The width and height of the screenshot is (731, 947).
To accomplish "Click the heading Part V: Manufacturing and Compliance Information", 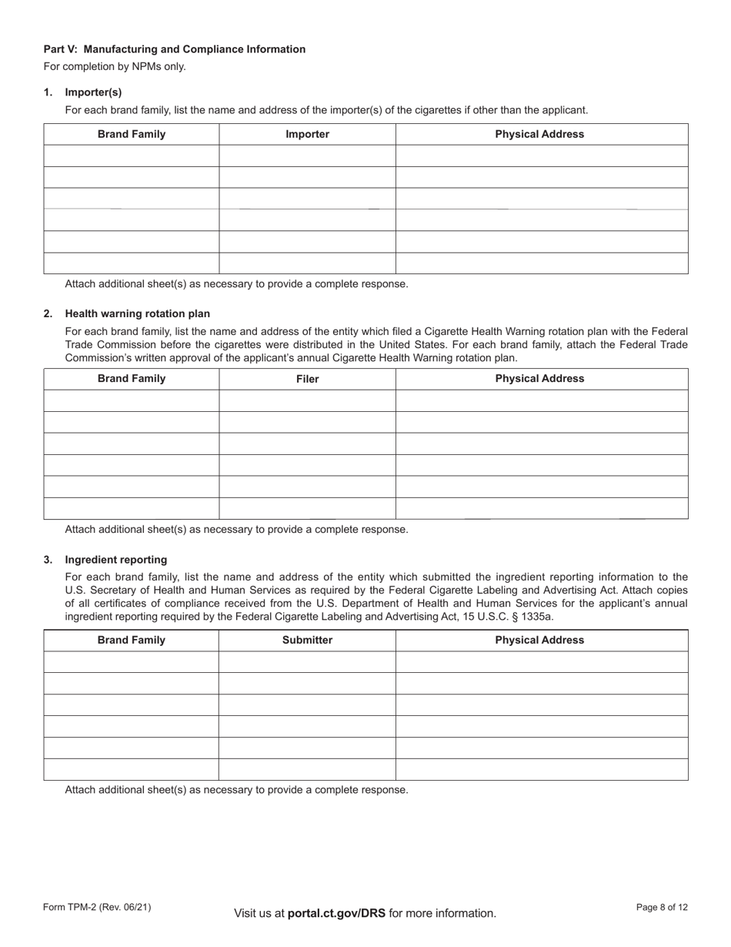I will click(x=174, y=49).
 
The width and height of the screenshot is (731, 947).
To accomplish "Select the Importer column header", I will click(x=307, y=134).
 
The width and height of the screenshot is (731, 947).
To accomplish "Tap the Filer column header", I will click(x=307, y=379).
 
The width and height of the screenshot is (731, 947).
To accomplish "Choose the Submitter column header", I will click(x=307, y=640).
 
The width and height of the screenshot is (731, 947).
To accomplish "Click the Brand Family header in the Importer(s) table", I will click(x=132, y=134).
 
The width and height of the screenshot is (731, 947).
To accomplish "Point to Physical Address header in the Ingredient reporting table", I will click(x=539, y=640).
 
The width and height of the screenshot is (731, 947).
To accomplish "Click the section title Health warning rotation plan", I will click(x=137, y=313).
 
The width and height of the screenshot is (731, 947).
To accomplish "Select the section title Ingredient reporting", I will click(x=115, y=560).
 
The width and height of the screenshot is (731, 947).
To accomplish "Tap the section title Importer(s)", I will click(x=93, y=92).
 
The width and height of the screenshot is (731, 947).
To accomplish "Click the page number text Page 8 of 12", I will click(x=662, y=908).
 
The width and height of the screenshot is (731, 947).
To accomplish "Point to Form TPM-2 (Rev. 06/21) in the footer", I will click(x=97, y=908).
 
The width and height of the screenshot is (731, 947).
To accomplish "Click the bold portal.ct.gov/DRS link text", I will click(x=336, y=914).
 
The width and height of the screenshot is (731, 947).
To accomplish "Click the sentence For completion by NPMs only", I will click(x=115, y=66).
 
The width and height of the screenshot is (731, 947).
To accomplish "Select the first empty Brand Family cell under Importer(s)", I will click(x=132, y=156).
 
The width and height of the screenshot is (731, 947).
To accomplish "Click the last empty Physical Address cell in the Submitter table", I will click(x=542, y=769).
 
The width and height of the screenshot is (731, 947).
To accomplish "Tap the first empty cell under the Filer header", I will click(x=307, y=401).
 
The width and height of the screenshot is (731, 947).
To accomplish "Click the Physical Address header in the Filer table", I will click(x=539, y=379).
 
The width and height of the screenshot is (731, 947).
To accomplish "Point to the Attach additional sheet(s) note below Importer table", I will click(x=236, y=283).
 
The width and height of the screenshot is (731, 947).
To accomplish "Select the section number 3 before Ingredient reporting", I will click(x=48, y=560).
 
